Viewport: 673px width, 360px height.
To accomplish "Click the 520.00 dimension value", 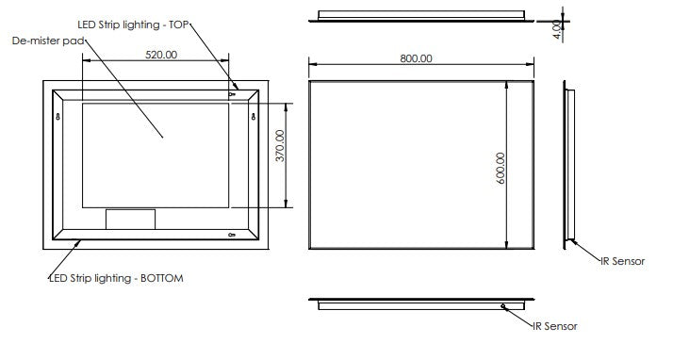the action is (161, 55).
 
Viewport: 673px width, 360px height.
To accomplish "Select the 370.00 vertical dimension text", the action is (280, 145).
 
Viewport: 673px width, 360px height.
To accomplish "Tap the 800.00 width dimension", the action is (416, 58).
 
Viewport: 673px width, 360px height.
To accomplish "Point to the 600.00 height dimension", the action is (501, 168).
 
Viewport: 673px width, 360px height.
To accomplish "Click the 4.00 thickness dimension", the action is (557, 29).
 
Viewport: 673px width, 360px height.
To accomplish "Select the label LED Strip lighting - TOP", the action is (133, 25).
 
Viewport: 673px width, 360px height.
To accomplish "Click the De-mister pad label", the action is (48, 41).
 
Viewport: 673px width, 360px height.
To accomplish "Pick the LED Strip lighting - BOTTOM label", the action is (116, 278).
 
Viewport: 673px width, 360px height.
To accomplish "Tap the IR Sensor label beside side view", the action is (622, 261).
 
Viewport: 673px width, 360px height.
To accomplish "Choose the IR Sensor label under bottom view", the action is (555, 326).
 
